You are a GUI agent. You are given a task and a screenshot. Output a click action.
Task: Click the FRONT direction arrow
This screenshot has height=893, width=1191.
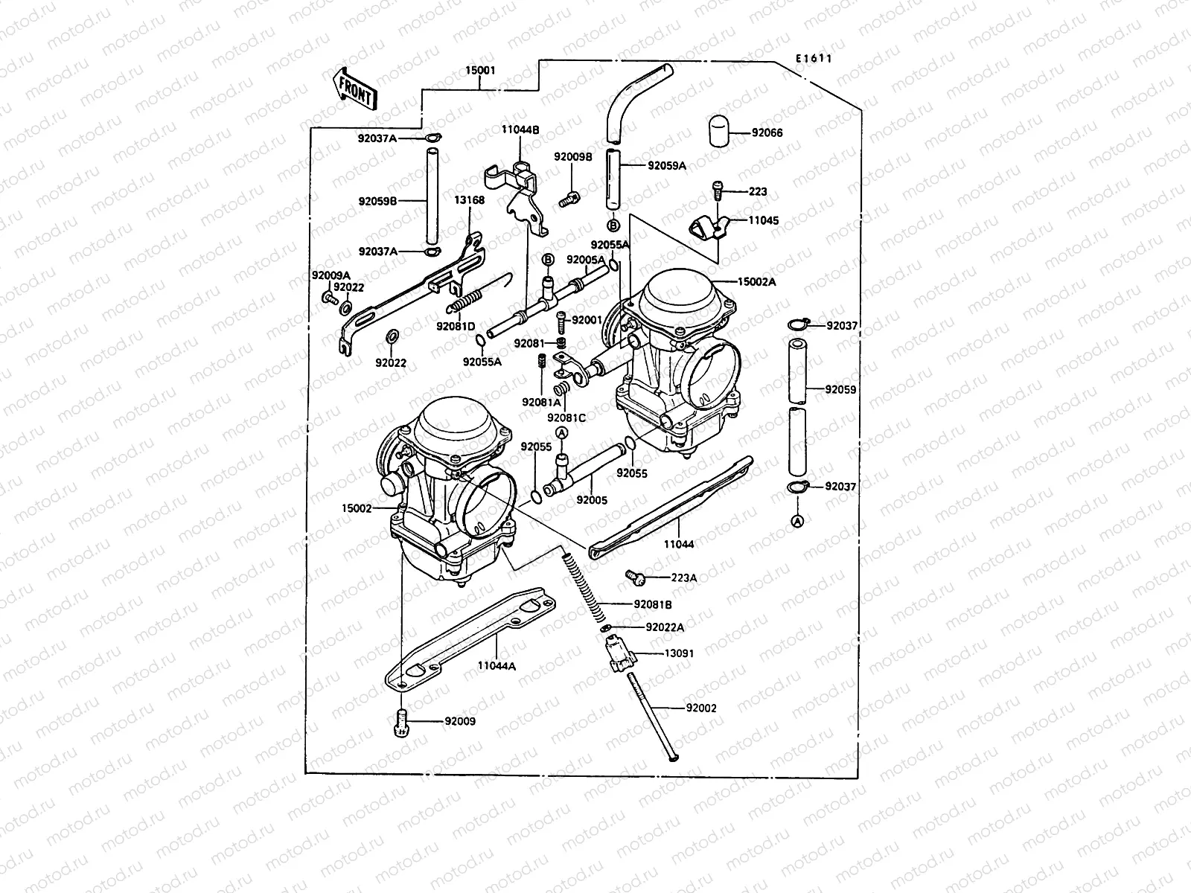click(353, 88)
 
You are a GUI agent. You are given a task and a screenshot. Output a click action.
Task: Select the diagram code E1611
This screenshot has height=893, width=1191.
click(813, 60)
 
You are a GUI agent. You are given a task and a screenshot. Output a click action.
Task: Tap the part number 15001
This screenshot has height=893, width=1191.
click(480, 71)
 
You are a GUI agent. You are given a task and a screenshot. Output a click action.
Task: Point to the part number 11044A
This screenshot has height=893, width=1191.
click(496, 666)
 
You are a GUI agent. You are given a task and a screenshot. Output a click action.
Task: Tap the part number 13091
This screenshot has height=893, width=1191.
click(679, 653)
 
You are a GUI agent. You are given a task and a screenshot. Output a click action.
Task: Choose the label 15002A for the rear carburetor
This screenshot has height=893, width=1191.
click(757, 282)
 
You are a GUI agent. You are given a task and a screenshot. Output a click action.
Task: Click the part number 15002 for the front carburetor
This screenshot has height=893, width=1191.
click(357, 508)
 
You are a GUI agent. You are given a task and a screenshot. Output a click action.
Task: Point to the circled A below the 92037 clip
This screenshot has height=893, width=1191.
click(797, 522)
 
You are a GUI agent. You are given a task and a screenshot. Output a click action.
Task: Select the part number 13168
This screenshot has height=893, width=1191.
click(469, 200)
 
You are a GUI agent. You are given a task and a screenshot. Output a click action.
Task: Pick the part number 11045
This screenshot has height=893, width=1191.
click(764, 220)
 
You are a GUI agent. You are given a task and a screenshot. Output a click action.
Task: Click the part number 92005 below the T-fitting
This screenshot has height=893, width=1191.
click(592, 500)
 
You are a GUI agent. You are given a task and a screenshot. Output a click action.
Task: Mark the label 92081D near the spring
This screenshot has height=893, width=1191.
click(456, 326)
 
